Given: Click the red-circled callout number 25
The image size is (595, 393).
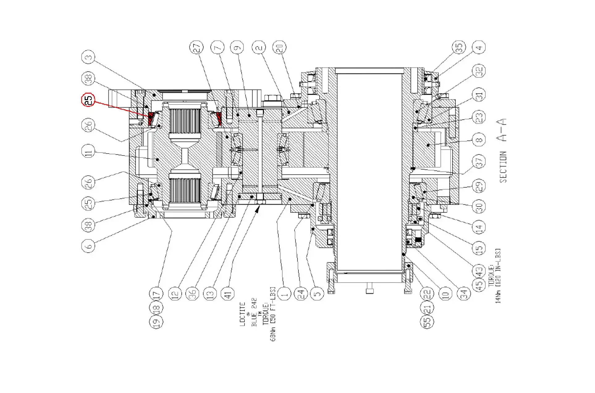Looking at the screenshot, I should [88, 100].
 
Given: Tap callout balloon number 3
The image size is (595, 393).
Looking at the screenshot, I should [88, 57].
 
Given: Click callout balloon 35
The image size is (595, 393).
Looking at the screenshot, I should [459, 47].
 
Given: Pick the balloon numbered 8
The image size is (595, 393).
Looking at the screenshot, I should [479, 140].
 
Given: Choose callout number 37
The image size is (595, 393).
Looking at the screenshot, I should [479, 161].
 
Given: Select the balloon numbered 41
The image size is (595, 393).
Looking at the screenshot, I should [228, 293].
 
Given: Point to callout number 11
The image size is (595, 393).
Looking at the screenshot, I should [88, 152].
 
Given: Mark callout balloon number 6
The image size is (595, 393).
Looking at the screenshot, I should [88, 246].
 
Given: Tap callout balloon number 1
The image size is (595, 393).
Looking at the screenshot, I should [284, 293].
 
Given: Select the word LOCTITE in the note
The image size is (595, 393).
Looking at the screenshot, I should [243, 314].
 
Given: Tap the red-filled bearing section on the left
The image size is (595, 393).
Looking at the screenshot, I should [151, 119].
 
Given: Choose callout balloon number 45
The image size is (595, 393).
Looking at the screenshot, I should [479, 285].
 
